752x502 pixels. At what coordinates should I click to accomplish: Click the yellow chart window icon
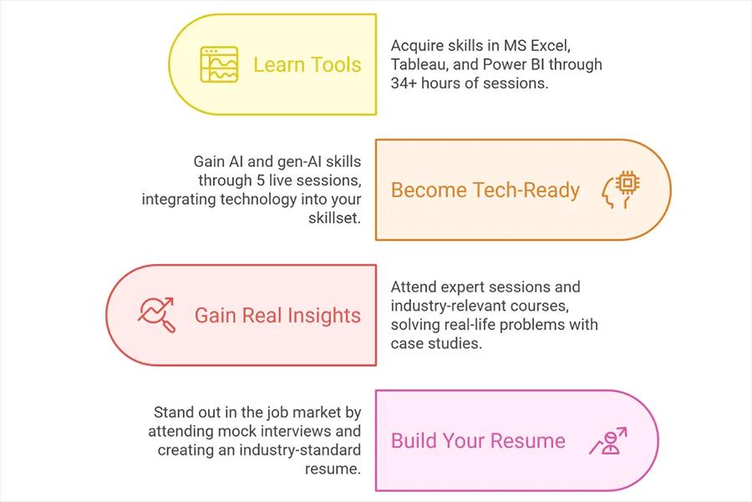pyautogui.click(x=219, y=64)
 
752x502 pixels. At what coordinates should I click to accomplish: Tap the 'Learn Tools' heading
pyautogui.click(x=307, y=64)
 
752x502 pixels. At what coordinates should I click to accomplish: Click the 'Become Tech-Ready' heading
pyautogui.click(x=485, y=190)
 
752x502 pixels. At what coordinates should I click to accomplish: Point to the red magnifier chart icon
pyautogui.click(x=156, y=315)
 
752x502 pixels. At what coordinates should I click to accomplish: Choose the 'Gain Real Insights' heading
pyautogui.click(x=277, y=315)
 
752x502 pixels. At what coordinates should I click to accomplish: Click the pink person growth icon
pyautogui.click(x=607, y=440)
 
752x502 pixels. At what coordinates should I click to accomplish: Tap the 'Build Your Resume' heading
pyautogui.click(x=478, y=440)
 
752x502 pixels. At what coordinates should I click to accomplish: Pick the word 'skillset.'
pyautogui.click(x=332, y=219)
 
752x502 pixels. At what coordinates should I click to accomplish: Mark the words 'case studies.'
pyautogui.click(x=436, y=343)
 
